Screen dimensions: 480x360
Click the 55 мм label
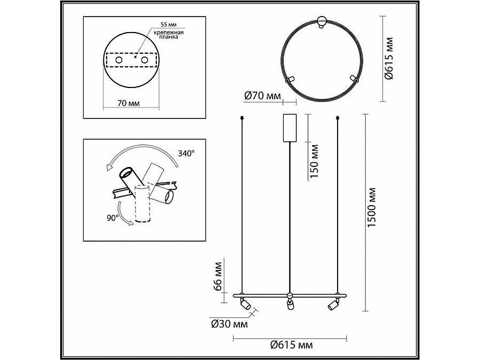click(169, 25)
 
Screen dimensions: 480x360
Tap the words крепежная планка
click(169, 34)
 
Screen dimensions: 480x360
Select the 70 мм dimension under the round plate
click(129, 103)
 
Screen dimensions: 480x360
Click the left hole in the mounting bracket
click(119, 60)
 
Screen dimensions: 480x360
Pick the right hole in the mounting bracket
click(145, 60)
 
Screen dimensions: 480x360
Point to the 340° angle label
click(187, 153)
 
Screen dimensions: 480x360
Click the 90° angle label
click(113, 218)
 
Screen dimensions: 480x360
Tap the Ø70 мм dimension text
click(262, 96)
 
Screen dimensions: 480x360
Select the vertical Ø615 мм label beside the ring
click(389, 59)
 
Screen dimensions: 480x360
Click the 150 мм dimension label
click(314, 161)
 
